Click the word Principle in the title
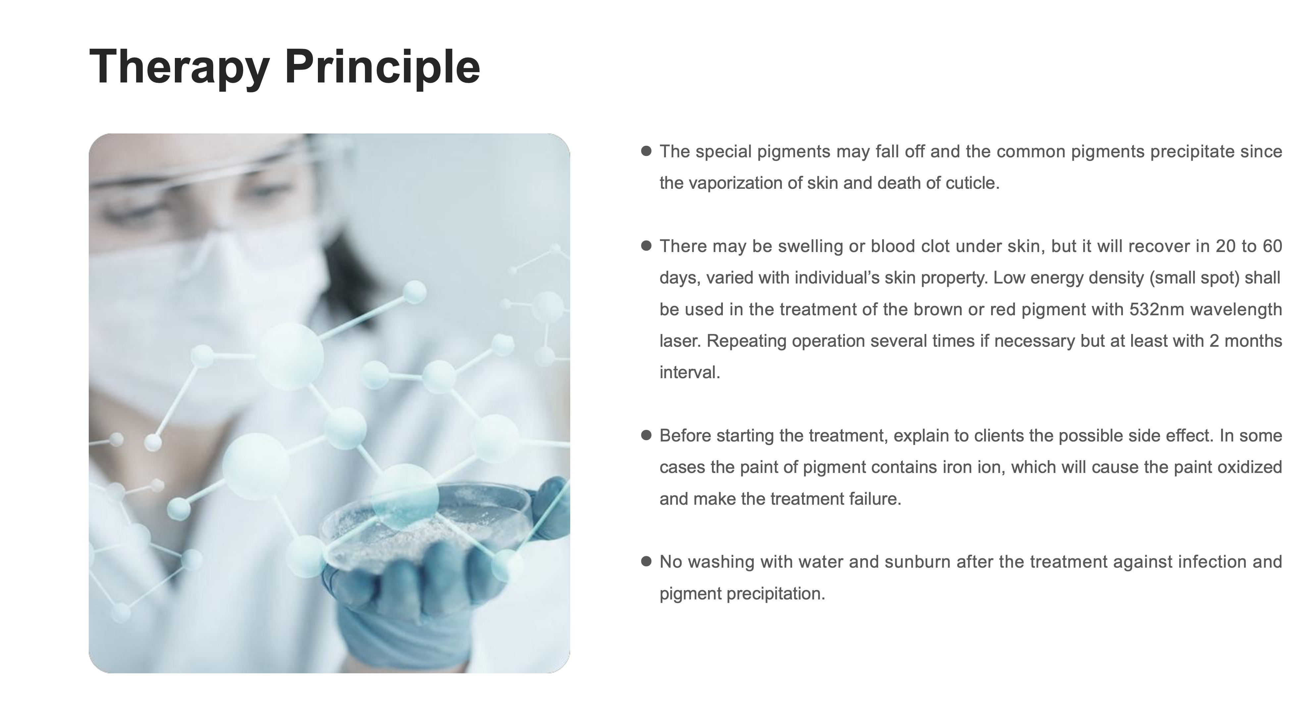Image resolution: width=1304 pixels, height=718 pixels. pos(382,67)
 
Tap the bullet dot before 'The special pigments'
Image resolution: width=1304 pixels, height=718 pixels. pos(646,151)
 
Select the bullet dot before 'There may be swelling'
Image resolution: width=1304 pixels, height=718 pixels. pos(646,246)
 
